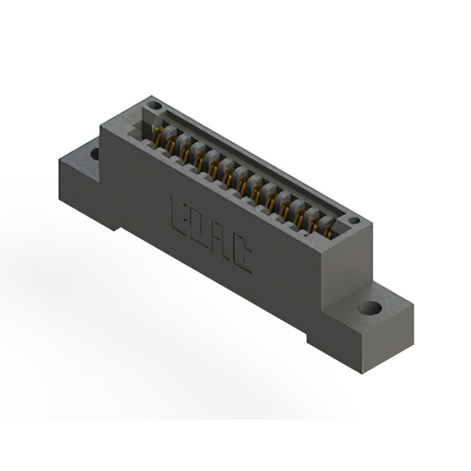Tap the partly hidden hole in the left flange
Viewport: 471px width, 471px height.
pos(94,154)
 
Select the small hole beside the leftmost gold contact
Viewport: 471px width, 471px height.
pos(153,106)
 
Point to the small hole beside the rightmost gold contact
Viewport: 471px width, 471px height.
pos(353,220)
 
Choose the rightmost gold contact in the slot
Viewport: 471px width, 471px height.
pos(326,230)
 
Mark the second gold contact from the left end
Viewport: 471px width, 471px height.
pos(171,145)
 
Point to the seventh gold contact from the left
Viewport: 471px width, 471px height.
pos(244,185)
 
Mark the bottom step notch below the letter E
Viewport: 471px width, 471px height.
pos(118,222)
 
